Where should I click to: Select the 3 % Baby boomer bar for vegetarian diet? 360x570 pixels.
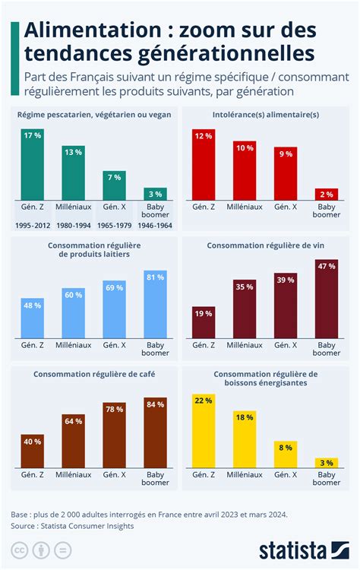click(155, 194)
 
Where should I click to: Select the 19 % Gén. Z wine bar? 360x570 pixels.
click(204, 322)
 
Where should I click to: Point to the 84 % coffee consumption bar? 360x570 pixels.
click(155, 432)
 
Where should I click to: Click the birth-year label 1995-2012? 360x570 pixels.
click(32, 226)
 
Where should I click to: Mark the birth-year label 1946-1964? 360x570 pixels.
click(155, 226)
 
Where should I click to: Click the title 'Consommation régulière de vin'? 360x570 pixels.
click(265, 245)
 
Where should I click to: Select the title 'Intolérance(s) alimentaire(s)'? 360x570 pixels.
click(265, 115)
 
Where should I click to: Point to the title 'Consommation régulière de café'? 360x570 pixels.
click(93, 374)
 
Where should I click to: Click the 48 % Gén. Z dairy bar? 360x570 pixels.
click(32, 317)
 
